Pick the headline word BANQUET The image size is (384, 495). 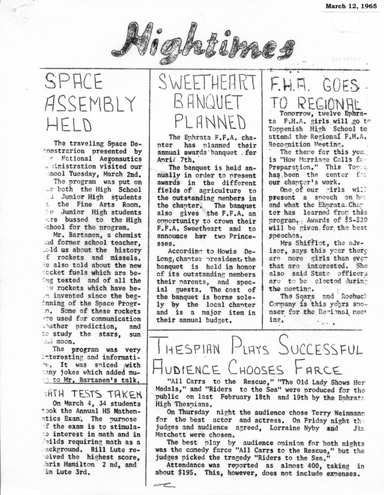(x=207, y=101)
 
